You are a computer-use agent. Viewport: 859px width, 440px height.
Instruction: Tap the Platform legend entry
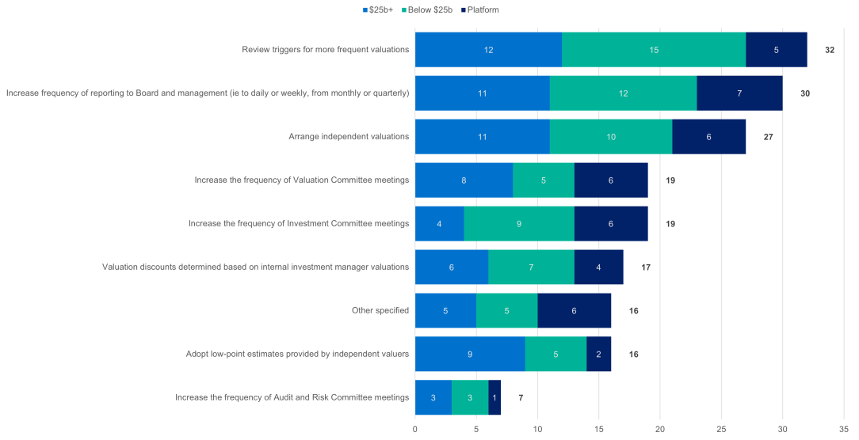pos(483,9)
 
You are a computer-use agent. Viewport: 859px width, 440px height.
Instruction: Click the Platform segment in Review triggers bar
pos(777,50)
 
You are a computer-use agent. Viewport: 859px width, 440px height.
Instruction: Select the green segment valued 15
pos(654,50)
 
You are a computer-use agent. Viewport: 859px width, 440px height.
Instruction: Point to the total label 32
pos(829,50)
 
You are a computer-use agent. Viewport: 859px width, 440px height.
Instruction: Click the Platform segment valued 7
pos(739,93)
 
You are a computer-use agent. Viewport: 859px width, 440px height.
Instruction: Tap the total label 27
pos(767,137)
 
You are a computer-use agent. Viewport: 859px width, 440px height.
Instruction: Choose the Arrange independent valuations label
pos(349,137)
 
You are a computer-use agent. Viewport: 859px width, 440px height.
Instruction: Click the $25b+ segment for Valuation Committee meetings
pos(464,180)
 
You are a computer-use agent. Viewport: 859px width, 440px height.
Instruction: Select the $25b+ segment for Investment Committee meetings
pos(439,224)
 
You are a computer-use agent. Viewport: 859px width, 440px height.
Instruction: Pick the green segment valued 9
pos(519,224)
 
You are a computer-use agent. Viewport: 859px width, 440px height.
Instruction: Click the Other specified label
pos(380,311)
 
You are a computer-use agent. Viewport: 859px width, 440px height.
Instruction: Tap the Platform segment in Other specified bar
pos(575,311)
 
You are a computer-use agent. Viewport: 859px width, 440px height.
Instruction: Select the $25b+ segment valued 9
pos(470,355)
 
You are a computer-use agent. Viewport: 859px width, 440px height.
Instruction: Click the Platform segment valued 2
pos(598,355)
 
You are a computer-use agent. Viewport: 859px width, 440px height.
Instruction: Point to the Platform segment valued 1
pos(494,398)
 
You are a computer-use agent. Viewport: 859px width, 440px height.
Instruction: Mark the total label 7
pos(520,398)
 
